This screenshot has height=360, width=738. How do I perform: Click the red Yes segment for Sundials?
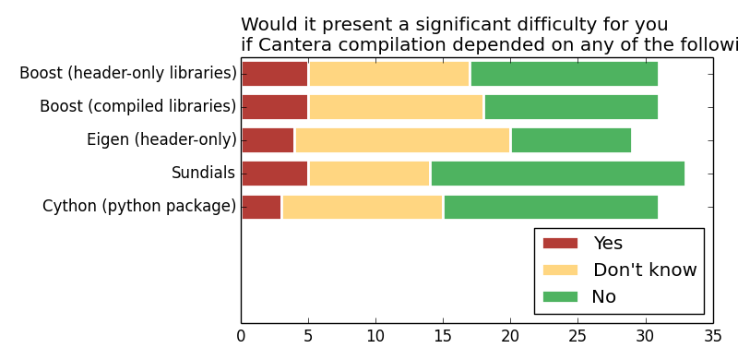275,174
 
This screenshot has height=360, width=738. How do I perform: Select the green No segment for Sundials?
557,174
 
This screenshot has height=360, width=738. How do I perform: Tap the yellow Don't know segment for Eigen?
402,140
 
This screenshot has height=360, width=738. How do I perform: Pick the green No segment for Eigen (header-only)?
571,140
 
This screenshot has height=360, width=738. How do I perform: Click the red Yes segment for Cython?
261,207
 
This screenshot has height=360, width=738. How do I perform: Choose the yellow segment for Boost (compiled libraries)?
396,107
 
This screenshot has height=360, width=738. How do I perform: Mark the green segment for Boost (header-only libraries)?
564,74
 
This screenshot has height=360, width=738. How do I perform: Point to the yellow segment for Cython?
363,207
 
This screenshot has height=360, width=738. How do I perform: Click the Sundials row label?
203,174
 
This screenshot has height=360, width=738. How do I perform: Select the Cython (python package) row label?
139,207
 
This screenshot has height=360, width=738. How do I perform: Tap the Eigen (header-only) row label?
161,140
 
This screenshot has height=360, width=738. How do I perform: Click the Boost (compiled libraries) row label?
137,107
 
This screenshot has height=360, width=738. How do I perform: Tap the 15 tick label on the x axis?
443,337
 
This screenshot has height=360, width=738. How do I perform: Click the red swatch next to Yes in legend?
560,244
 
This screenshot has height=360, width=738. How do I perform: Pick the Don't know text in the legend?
644,270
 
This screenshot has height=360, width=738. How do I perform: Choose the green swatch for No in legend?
560,297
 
